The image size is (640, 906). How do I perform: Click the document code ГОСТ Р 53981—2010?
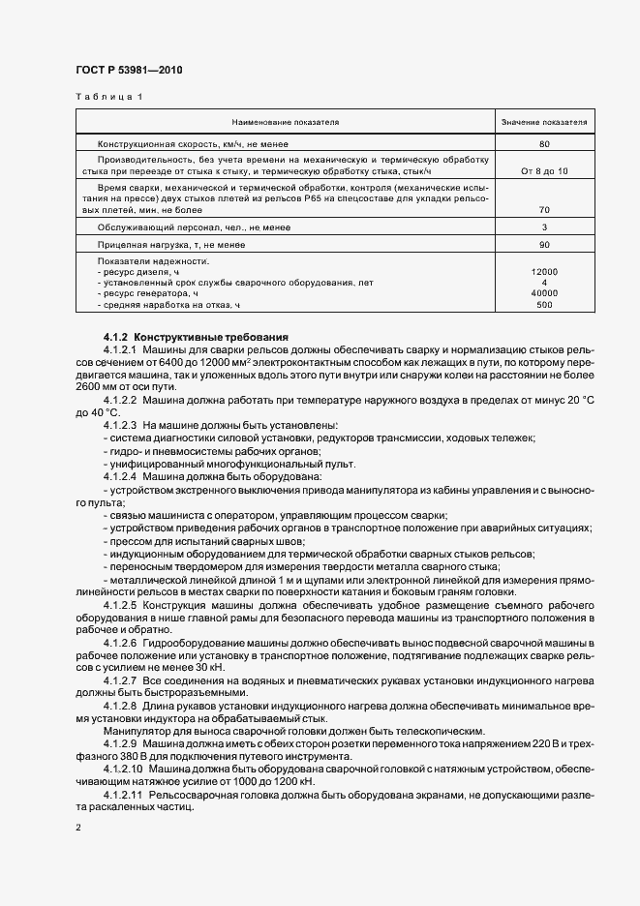tap(128, 71)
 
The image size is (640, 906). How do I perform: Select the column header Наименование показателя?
tap(285, 123)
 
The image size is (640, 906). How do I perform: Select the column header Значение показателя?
tap(544, 123)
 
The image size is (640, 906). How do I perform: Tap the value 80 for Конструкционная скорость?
tap(544, 143)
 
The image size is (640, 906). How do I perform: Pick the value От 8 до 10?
tap(544, 170)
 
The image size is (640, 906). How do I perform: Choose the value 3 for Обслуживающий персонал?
tap(544, 227)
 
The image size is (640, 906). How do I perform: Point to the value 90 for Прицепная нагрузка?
tap(544, 246)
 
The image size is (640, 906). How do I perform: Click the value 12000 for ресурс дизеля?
tap(544, 272)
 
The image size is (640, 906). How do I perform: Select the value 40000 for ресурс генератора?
tap(544, 293)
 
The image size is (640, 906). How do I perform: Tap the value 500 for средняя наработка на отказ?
tap(544, 305)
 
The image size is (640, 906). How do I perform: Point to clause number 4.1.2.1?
tap(121, 348)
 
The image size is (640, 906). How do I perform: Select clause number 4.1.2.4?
tap(121, 476)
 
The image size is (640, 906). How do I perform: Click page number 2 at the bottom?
tap(78, 828)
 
